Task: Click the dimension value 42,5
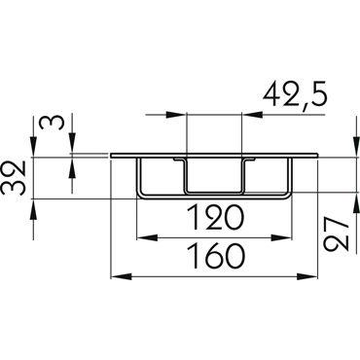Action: (295, 96)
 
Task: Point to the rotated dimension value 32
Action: (14, 177)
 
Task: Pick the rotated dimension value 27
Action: (336, 234)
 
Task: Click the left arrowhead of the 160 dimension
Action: (122, 276)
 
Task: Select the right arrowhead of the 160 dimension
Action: (306, 276)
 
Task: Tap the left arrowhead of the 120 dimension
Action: (147, 238)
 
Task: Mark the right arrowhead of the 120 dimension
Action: (281, 238)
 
